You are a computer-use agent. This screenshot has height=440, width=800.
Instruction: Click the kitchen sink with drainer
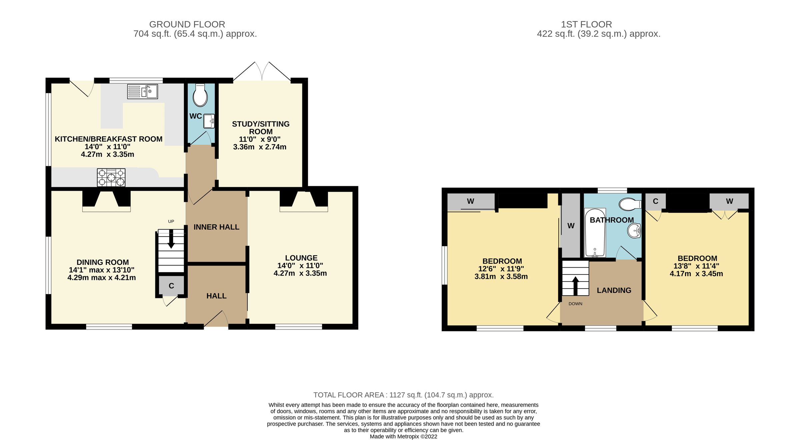tap(142, 91)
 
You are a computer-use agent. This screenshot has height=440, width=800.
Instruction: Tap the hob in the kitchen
tap(111, 177)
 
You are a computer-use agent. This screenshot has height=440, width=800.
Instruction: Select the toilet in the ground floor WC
tap(200, 95)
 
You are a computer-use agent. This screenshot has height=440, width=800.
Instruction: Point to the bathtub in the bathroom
tap(595, 233)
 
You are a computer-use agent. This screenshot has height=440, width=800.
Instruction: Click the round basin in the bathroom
tap(634, 231)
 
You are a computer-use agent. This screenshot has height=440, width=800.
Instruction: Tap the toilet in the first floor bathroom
tap(630, 204)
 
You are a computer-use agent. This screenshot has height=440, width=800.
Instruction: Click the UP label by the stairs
tap(171, 222)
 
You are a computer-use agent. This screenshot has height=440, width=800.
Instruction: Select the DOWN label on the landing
tap(575, 304)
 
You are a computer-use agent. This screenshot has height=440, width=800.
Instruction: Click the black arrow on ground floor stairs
tap(171, 240)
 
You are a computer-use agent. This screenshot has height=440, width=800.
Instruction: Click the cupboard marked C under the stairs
tap(171, 286)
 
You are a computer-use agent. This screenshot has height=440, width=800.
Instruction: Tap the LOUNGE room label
tap(301, 258)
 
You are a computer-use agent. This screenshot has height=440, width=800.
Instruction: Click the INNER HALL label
tap(216, 227)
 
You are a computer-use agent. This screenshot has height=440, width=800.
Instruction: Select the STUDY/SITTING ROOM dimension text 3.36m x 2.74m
tap(259, 147)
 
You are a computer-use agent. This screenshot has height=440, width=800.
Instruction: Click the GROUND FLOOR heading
tap(187, 24)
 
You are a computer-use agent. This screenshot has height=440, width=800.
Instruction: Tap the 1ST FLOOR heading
tap(586, 24)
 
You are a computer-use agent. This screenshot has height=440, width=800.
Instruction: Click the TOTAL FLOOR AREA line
tap(403, 395)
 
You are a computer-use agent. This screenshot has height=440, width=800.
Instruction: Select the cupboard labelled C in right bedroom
tap(655, 201)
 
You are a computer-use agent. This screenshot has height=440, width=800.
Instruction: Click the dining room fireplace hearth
tap(106, 209)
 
